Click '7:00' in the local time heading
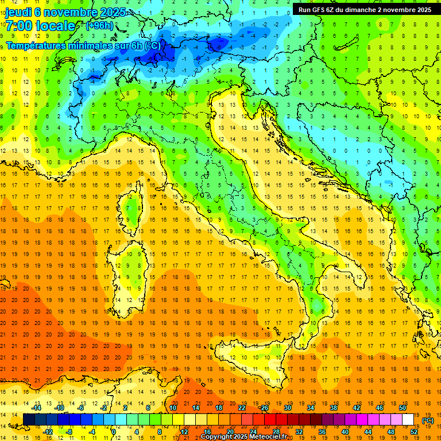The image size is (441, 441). point(18,26)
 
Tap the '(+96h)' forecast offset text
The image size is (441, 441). point(99,26)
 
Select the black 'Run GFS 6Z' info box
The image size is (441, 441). point(365,9)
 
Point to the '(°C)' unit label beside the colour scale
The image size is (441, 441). point(427,420)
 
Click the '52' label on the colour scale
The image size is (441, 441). point(413,432)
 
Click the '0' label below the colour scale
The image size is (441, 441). point(114,432)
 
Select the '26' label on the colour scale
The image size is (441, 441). point(264,408)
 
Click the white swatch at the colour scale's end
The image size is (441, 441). point(408,420)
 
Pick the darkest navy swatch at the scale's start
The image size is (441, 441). point(29,420)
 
